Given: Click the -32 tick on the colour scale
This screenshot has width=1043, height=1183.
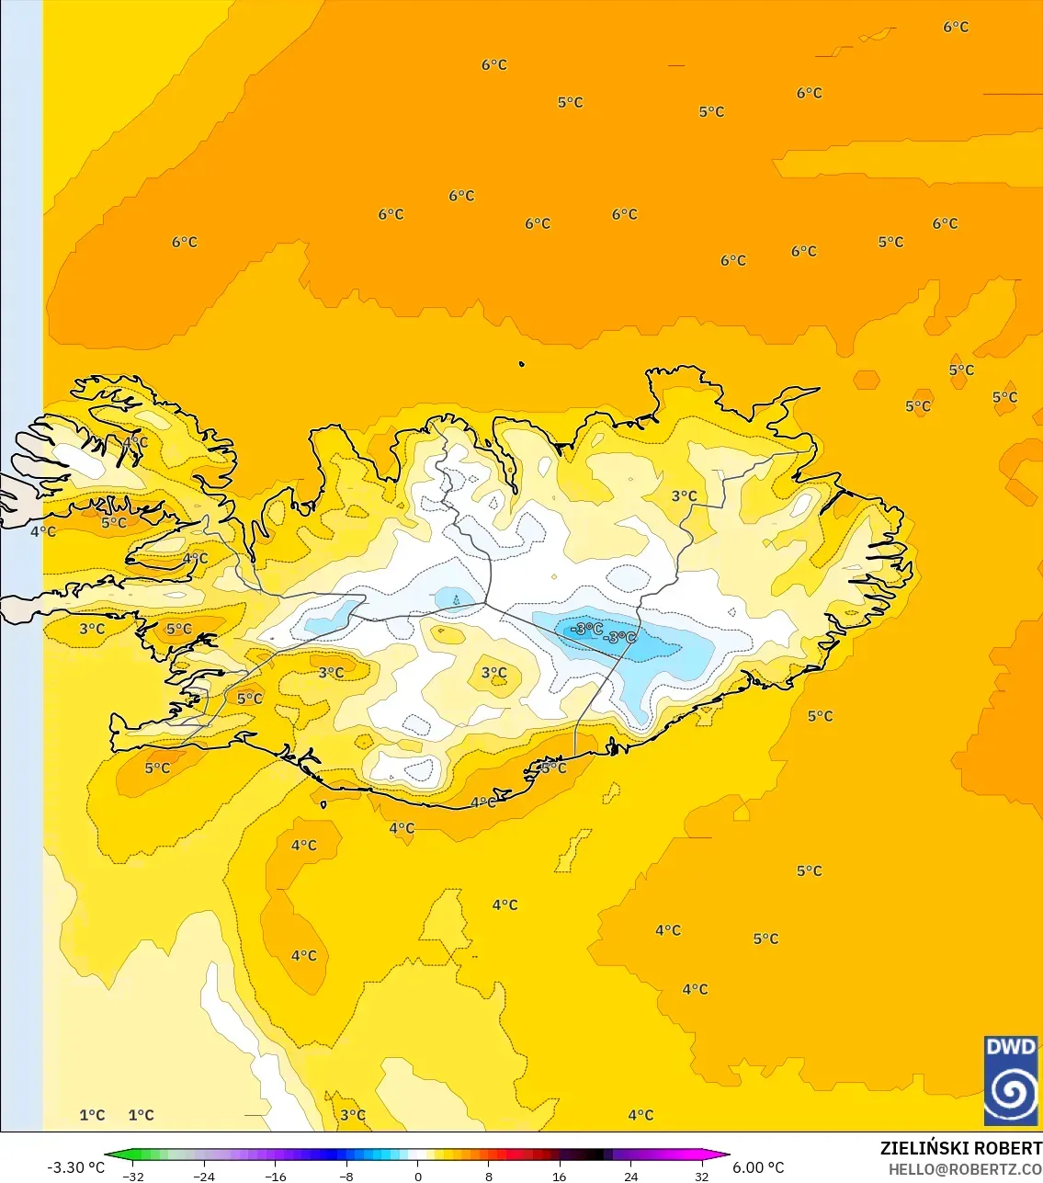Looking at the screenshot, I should coord(134,1176).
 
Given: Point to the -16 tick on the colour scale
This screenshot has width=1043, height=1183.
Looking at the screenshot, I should coord(276,1176).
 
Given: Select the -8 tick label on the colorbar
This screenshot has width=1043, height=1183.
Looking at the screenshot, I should coord(346,1176).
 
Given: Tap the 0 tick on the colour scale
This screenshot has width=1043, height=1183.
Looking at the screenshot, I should coord(418,1176).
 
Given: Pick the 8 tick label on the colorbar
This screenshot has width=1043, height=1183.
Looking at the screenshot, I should coord(489,1176).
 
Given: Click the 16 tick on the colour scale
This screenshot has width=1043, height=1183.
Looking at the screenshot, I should coord(560,1176).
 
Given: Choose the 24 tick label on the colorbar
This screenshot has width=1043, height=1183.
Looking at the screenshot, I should coord(631,1176).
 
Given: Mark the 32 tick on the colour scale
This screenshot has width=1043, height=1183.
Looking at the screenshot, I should coord(702,1176).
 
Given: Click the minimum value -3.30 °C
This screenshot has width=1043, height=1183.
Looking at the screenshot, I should coord(76,1167).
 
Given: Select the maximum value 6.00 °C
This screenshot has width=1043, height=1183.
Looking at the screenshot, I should coord(758,1167).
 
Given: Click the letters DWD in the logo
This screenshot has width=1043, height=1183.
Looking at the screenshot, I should coord(1011,1047).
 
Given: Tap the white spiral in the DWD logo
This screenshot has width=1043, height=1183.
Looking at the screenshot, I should coord(1011,1092).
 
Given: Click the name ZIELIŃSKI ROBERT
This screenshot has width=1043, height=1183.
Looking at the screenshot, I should coord(960,1148).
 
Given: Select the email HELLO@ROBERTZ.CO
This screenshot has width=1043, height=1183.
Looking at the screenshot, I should coord(965,1169).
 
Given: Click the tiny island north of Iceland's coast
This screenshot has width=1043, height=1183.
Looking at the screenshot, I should coord(522,364).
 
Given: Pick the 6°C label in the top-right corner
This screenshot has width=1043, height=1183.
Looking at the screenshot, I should coord(956,27).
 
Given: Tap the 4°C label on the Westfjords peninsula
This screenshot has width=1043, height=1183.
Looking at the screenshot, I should coord(135,442).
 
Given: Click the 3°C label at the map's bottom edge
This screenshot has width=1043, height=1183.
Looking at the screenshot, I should coord(353,1115).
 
